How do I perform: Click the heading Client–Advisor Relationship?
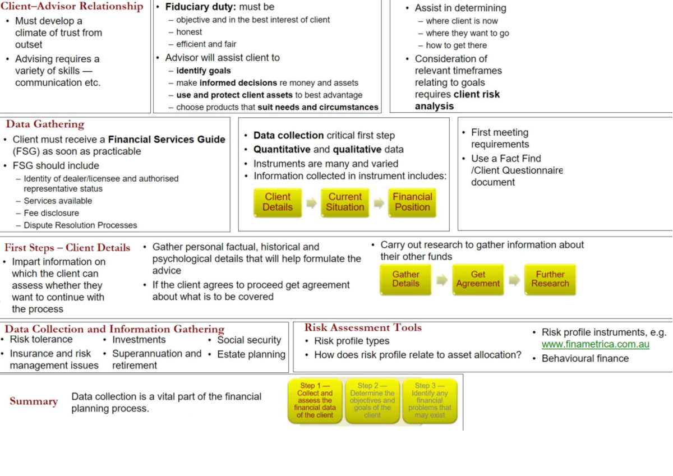point(72,7)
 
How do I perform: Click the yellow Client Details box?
point(278,202)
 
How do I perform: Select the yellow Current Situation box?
point(345,202)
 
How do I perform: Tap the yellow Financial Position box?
point(412,202)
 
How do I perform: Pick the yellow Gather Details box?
point(405,279)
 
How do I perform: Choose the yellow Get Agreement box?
point(478,279)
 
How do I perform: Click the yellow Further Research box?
point(550,279)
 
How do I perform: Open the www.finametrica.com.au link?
point(595,344)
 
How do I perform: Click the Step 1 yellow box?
point(315,400)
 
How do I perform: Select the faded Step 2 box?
point(372,400)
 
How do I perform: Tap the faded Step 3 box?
point(430,400)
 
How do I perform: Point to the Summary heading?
point(34,401)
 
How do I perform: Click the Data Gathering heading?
point(45,124)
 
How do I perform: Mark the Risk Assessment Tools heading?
point(363,328)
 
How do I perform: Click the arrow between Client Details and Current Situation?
point(311,203)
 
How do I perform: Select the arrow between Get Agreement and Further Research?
point(514,280)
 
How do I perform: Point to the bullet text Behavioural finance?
point(585,359)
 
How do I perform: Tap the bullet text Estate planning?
point(251,354)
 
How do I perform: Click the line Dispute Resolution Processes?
point(80,225)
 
